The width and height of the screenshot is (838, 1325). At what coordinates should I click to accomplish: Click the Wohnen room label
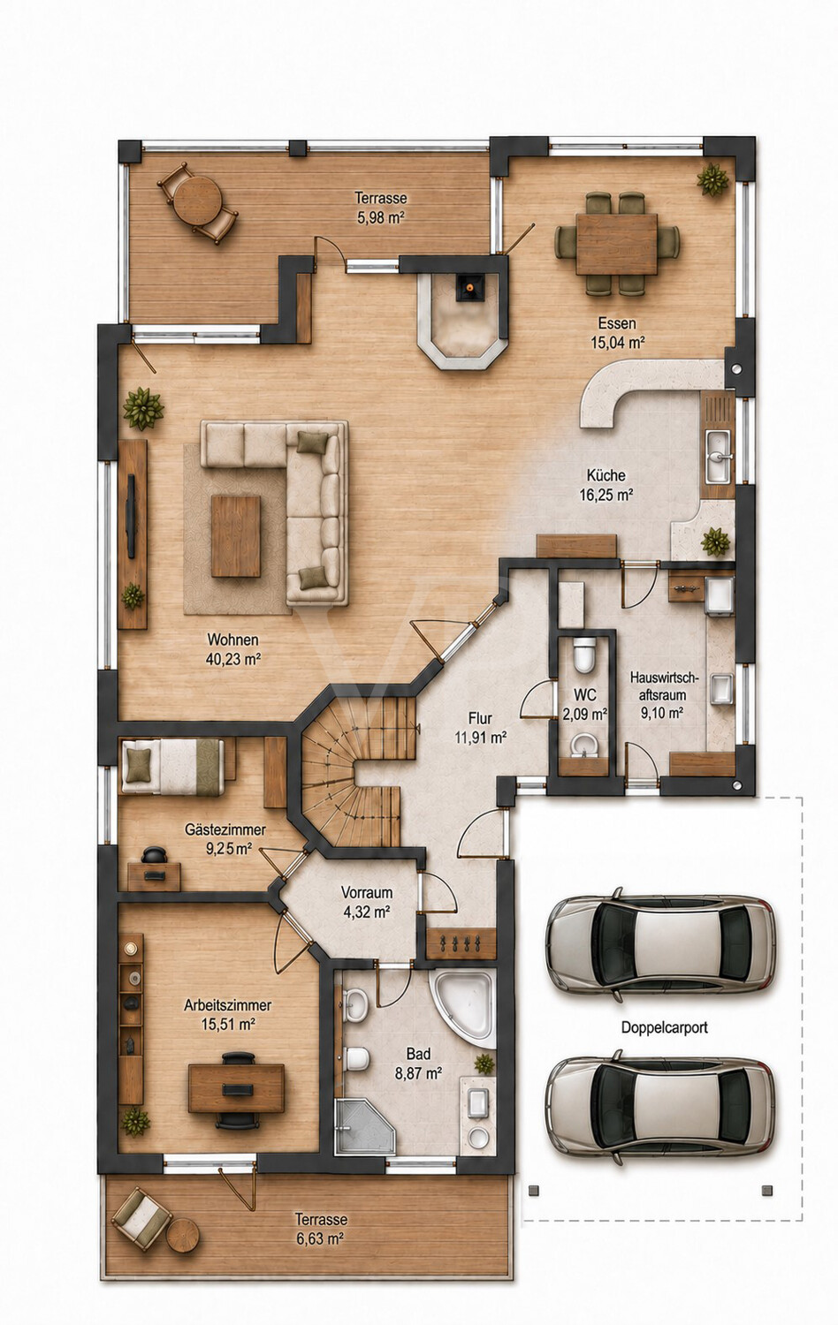tap(232, 640)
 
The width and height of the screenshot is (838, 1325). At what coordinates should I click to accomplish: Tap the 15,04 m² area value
tap(617, 342)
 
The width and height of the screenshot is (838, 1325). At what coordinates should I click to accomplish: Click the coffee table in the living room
tap(236, 536)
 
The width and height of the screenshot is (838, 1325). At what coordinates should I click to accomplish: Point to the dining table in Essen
tap(617, 244)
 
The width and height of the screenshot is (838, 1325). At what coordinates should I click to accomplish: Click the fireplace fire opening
tap(469, 287)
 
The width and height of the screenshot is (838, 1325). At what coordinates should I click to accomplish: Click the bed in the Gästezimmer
tap(172, 767)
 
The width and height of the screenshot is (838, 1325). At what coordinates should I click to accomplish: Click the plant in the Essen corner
tap(712, 179)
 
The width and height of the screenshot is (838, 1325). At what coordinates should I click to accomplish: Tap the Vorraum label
tap(366, 892)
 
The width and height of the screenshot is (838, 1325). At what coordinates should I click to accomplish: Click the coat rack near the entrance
tap(461, 943)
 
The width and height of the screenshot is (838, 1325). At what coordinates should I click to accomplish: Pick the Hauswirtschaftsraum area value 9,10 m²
tap(662, 713)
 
